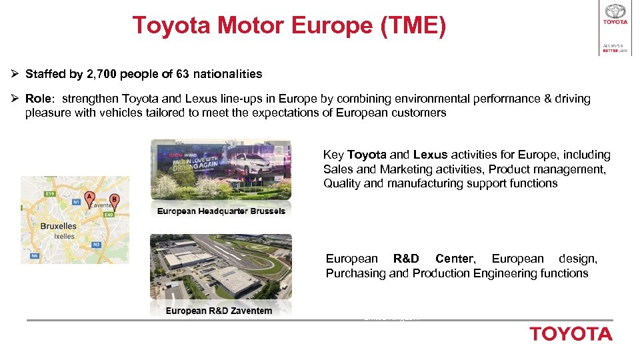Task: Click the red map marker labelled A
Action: (90, 198)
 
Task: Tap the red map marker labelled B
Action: (114, 200)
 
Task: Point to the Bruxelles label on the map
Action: (59, 226)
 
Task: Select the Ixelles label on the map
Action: (65, 236)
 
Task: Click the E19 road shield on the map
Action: (48, 194)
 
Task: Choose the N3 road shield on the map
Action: (96, 245)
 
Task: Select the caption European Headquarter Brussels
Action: (221, 211)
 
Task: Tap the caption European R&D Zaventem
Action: (219, 311)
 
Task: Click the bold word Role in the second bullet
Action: (38, 99)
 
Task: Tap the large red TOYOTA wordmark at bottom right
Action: (571, 334)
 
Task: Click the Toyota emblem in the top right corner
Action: (615, 11)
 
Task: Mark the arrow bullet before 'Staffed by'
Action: (15, 74)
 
